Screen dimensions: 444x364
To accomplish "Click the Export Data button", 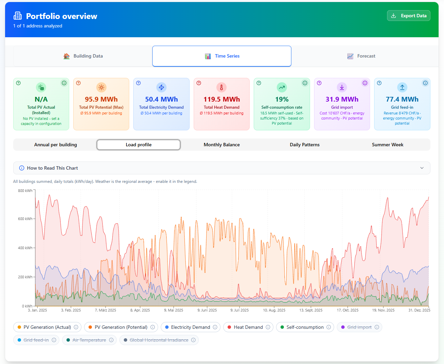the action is (x=408, y=16).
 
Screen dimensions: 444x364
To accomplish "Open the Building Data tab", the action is (x=83, y=56).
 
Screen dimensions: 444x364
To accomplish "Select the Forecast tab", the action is (x=361, y=56).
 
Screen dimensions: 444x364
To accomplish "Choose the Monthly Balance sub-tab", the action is (x=221, y=145).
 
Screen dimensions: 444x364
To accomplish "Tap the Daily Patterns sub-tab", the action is (x=304, y=145).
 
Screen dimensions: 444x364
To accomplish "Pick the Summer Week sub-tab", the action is (x=387, y=145).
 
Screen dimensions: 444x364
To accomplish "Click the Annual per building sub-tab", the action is (x=56, y=145).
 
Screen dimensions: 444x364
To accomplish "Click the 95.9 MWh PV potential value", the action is (x=101, y=99).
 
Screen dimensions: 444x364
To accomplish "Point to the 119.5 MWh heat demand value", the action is (x=221, y=99).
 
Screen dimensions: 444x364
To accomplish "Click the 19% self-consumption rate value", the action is (x=282, y=99).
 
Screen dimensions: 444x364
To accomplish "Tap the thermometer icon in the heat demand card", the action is (x=221, y=87).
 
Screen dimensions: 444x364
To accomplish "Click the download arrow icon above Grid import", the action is (x=342, y=87).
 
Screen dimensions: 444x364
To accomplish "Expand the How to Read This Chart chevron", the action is (x=422, y=168).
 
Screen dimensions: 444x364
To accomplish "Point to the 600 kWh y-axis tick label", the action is (x=25, y=219).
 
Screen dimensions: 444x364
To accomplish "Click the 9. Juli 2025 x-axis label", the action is (x=239, y=310).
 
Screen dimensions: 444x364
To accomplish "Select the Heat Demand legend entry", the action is (x=248, y=327).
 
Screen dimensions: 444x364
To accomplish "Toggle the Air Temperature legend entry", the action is (x=89, y=340).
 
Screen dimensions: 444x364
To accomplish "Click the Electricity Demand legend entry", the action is (x=190, y=327).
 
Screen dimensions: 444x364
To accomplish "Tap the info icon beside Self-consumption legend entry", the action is (x=328, y=327).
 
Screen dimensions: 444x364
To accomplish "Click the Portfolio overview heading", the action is (x=61, y=16).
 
